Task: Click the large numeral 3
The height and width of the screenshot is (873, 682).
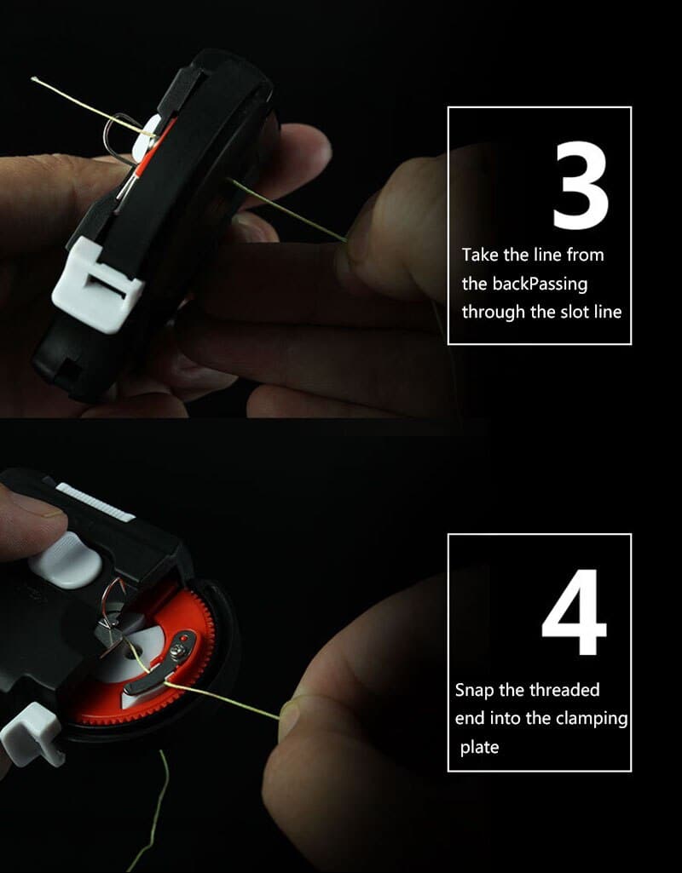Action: click(x=581, y=185)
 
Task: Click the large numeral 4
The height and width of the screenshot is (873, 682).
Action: click(x=574, y=612)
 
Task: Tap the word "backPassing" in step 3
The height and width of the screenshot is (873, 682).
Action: click(x=539, y=284)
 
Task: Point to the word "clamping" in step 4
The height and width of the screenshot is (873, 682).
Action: click(x=592, y=719)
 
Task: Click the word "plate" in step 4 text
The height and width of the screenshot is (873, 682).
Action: click(x=479, y=748)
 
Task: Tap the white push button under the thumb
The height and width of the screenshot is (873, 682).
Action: click(x=66, y=560)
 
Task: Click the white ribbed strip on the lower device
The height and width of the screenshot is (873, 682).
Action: click(x=95, y=503)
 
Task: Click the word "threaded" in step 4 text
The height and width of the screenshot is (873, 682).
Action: click(x=564, y=690)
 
